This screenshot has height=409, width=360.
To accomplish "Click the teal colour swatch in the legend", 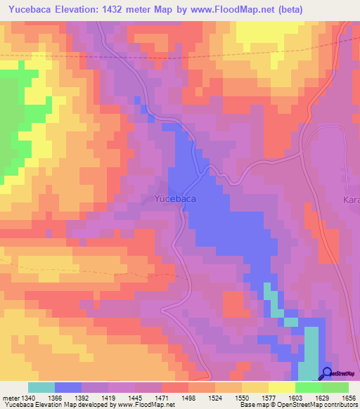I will coord(41,387).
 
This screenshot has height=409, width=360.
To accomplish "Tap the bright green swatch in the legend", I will coord(308,387).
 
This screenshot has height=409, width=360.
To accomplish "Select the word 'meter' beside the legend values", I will coord(8,398).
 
